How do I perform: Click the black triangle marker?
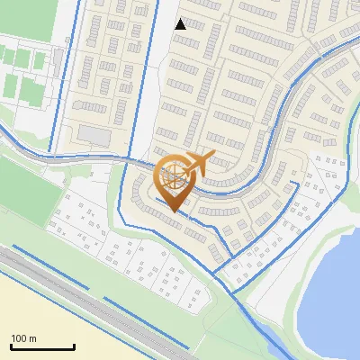point(180,23)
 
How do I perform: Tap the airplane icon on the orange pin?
point(199,163)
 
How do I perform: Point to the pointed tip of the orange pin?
point(175,212)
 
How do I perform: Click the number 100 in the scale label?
point(19,338)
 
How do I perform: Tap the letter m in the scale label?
point(32,338)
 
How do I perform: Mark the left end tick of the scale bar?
point(10,346)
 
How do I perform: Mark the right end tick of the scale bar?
point(74,346)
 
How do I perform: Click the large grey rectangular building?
point(94,134)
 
